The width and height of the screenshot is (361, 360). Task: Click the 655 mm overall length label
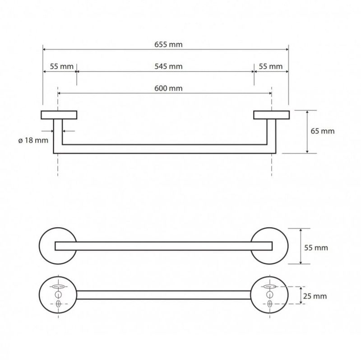168,44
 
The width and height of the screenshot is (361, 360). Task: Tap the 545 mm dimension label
168,66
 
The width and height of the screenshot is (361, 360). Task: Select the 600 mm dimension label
168,88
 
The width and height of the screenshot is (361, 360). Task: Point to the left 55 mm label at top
62,66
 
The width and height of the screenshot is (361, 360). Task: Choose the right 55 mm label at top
271,66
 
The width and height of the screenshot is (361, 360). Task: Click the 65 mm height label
323,131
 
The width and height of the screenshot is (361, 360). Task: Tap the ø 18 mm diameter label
33,140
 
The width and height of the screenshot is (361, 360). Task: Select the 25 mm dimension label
315,296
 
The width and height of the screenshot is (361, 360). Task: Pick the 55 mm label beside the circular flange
316,248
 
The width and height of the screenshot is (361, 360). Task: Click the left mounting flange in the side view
59,115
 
